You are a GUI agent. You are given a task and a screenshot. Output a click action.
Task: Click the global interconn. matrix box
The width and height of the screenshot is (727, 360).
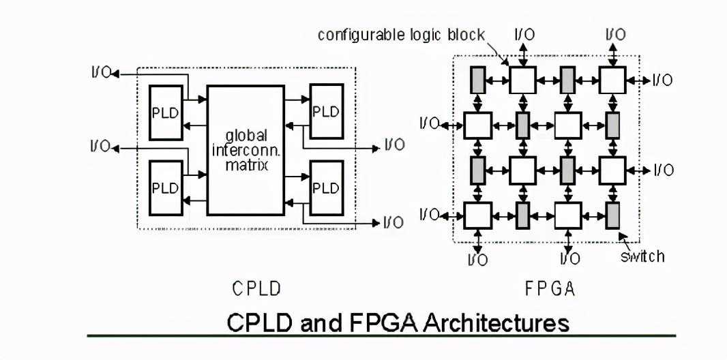pos(246,150)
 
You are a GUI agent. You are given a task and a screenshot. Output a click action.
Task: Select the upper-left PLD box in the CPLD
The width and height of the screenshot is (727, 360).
pos(166,112)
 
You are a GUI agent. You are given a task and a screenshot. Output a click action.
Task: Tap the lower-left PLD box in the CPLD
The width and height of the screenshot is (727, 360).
pos(166,187)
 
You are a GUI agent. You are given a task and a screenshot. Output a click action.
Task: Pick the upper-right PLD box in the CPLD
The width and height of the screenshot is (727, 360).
pos(327,111)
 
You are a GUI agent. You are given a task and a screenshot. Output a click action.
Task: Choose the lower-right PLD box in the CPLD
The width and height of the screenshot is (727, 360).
pos(327,187)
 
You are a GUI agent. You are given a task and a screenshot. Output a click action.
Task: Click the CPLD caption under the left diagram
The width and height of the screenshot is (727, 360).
pos(256,288)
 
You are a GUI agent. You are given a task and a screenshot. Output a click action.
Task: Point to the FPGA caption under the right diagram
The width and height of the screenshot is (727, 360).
pos(550,288)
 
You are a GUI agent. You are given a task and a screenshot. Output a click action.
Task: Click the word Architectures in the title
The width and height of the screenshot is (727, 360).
pos(496,322)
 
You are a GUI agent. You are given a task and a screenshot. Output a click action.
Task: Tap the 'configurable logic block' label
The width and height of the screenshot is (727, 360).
pos(401,35)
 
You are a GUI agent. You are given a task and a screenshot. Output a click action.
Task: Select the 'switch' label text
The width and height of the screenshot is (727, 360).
pos(642,256)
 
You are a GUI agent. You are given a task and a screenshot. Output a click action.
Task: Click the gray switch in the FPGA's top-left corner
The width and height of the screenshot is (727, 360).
pos(477,80)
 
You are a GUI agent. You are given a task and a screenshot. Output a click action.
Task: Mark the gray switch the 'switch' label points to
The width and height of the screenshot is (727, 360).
pos(613,215)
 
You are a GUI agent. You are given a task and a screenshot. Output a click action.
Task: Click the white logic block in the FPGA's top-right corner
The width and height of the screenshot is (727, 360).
pos(612,80)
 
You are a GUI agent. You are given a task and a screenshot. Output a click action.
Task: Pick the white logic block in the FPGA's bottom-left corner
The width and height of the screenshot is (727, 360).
pos(477,215)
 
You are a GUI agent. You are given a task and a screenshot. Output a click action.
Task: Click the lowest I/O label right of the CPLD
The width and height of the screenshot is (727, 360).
pos(394,222)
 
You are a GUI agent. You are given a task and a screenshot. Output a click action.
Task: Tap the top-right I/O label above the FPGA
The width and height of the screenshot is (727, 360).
pos(615,34)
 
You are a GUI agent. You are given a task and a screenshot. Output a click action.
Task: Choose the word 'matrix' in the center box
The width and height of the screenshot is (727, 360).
pos(246,164)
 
